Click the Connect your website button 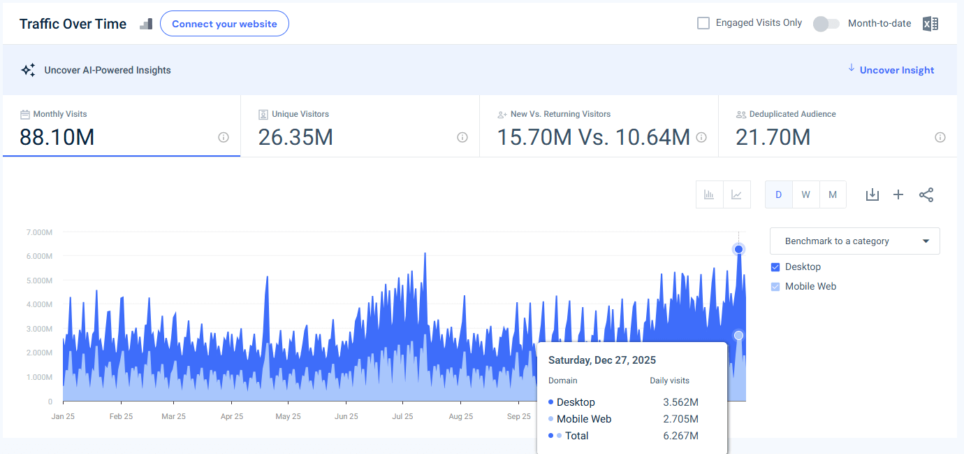point(224,24)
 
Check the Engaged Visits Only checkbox point(703,23)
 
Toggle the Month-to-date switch point(826,24)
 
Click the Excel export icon point(930,24)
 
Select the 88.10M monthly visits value point(57,137)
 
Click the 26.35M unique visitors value point(295,137)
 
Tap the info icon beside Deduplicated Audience point(940,137)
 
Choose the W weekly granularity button point(805,194)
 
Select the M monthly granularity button point(832,194)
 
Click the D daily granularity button point(778,194)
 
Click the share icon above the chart point(926,194)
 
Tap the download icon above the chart point(872,194)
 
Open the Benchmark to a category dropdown point(854,241)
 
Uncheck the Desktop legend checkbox point(775,267)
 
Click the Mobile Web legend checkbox point(775,286)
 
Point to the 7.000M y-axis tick point(38,232)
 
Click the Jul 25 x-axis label point(402,416)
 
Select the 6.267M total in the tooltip point(680,436)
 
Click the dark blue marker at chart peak point(738,249)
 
